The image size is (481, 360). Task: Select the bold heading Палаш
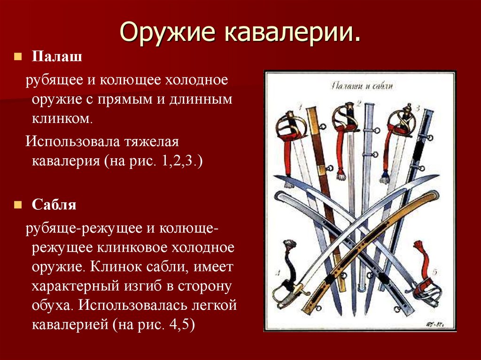pos(57,57)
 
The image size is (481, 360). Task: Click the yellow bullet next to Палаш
pos(17,57)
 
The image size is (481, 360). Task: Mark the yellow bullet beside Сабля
pos(17,205)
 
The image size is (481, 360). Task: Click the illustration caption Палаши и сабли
pos(361,85)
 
